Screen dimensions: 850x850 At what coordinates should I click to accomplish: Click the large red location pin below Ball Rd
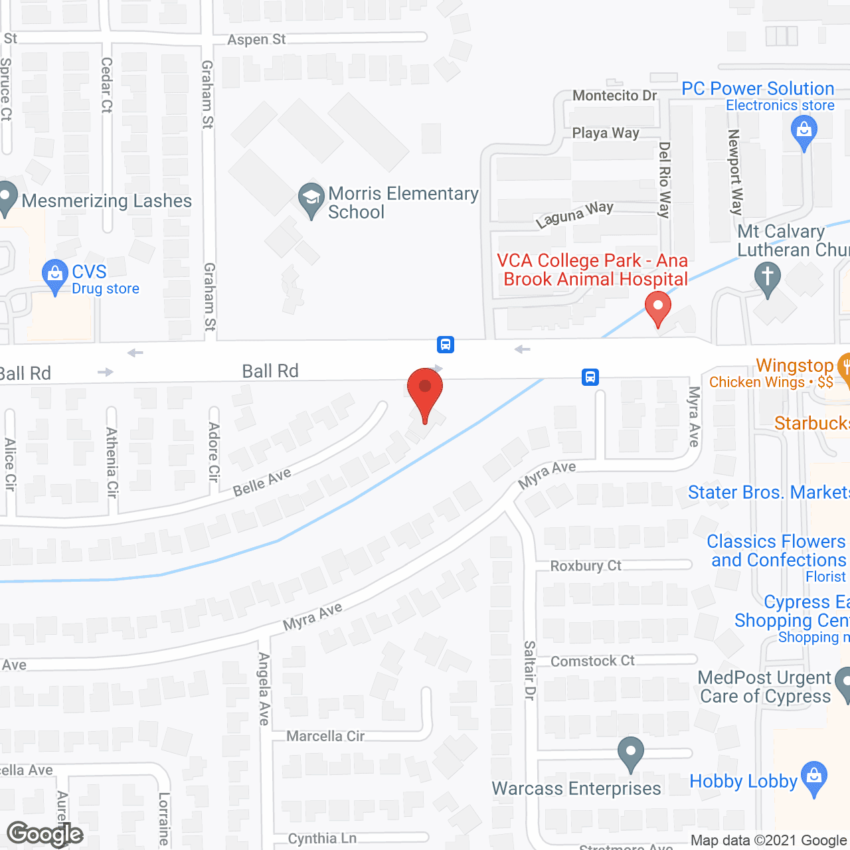point(425,392)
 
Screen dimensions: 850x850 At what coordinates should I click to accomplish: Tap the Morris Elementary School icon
point(311,199)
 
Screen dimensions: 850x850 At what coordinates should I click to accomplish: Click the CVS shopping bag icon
point(55,275)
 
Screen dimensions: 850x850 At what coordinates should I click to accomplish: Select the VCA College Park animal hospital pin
point(658,309)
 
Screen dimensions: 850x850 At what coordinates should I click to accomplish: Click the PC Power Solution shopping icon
point(804,131)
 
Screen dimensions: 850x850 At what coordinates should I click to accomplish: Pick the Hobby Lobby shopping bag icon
point(814,778)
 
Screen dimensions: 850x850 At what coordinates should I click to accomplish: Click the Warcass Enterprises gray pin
point(630,753)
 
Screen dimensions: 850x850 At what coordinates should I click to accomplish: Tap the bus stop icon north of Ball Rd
point(446,344)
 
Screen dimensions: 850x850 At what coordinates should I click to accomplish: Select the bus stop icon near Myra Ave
point(590,377)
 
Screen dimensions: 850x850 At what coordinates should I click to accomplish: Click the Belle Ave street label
point(262,482)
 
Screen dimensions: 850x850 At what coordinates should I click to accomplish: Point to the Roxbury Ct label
point(586,566)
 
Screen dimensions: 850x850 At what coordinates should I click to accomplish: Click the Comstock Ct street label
point(592,661)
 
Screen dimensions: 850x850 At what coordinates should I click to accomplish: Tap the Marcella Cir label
point(325,736)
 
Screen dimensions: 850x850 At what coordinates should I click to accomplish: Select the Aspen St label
point(256,40)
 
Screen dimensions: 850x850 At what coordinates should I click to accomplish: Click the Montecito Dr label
point(614,96)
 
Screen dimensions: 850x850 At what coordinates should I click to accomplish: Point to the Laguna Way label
point(574,214)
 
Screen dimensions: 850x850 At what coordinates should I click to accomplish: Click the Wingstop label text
point(794,365)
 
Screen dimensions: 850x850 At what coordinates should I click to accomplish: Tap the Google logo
point(44,834)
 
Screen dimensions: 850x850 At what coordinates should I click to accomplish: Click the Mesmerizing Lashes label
point(106,201)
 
